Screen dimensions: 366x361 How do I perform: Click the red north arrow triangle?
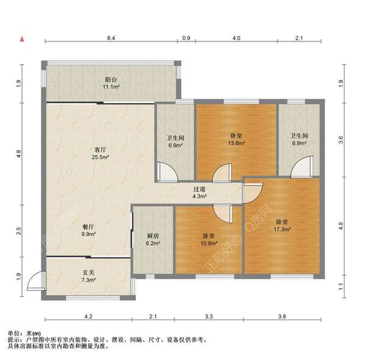point(22,39)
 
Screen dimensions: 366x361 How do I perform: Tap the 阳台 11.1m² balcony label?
point(112,84)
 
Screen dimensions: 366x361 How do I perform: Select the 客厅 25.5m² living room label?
point(101,153)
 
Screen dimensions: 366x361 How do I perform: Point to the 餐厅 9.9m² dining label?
point(88,231)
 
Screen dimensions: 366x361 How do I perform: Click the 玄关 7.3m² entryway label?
point(88,276)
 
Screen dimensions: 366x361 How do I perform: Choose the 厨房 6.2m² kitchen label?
point(153,240)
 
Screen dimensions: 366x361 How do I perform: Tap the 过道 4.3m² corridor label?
point(199,193)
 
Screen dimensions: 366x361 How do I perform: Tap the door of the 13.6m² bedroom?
point(222,172)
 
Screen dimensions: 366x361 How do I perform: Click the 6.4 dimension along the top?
point(111,38)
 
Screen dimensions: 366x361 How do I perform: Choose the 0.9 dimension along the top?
point(186,38)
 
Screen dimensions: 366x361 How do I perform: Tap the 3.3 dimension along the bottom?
point(209,316)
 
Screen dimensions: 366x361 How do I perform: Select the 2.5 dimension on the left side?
point(18,231)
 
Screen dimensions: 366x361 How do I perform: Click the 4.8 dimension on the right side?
point(341,226)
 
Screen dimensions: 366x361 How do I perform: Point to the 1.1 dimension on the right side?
point(341,287)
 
